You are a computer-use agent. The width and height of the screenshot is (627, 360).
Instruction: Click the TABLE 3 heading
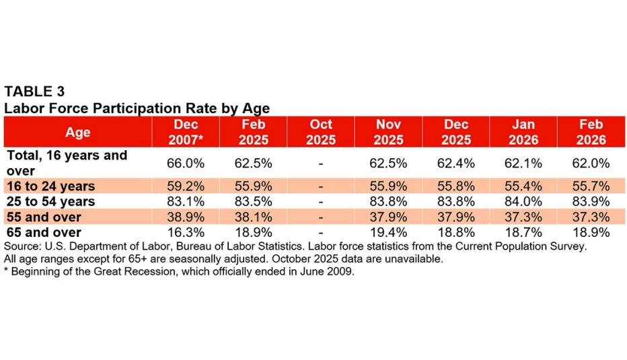(34, 92)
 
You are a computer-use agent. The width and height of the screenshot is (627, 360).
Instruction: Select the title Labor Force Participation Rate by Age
(137, 108)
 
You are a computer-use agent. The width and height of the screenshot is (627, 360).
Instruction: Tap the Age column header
(78, 133)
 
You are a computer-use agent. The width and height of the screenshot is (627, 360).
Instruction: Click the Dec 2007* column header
(185, 133)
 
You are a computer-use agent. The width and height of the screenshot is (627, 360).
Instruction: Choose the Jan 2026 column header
(523, 133)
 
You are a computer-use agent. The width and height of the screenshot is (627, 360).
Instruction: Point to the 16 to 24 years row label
(50, 186)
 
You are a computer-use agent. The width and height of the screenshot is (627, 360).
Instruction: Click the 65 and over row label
(44, 233)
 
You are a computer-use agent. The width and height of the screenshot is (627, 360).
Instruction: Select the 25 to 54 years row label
(50, 201)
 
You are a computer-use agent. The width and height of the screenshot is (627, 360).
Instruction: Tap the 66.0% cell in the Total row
(185, 164)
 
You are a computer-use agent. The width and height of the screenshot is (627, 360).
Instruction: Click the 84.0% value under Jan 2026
(523, 202)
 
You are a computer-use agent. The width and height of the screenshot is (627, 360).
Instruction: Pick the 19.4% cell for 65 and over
(388, 233)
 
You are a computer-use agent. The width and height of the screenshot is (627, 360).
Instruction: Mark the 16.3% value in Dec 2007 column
(185, 233)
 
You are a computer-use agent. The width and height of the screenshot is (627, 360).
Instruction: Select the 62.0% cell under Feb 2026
(591, 164)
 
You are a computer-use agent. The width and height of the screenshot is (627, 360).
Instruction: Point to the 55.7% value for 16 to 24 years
(591, 186)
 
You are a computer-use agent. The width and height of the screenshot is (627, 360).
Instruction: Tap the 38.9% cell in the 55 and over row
(185, 217)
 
